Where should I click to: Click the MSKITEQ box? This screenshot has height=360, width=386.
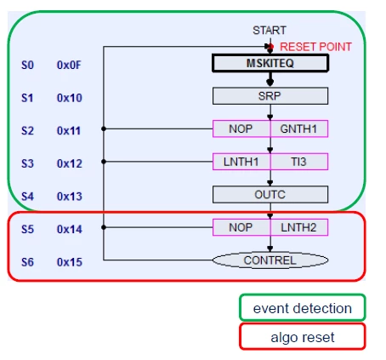click(x=270, y=63)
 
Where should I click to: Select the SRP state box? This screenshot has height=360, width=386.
click(x=270, y=96)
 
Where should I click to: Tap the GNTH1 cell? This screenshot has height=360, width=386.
click(x=299, y=129)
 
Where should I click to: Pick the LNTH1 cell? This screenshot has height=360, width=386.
click(x=241, y=162)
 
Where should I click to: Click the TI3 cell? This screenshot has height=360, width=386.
click(x=299, y=162)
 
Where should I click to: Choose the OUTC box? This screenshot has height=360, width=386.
click(x=270, y=195)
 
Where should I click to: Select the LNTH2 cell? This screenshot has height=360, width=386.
click(x=299, y=227)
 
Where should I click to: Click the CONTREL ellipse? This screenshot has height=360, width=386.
click(x=270, y=260)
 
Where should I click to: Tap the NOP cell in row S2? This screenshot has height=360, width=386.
click(x=241, y=129)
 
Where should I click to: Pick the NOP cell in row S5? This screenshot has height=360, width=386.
click(x=241, y=227)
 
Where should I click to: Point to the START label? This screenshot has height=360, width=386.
click(x=270, y=31)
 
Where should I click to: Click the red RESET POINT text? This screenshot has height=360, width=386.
click(x=315, y=47)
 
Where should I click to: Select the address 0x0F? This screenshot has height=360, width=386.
click(x=69, y=65)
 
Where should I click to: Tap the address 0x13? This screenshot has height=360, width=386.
click(x=70, y=197)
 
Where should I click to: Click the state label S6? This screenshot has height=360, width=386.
click(x=27, y=262)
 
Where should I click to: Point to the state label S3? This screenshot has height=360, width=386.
click(x=27, y=163)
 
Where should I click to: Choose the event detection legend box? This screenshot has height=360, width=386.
click(x=303, y=308)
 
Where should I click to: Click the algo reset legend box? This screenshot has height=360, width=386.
click(x=303, y=337)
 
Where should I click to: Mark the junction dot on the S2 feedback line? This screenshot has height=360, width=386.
click(x=104, y=129)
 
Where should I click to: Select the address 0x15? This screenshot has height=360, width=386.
click(x=70, y=262)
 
